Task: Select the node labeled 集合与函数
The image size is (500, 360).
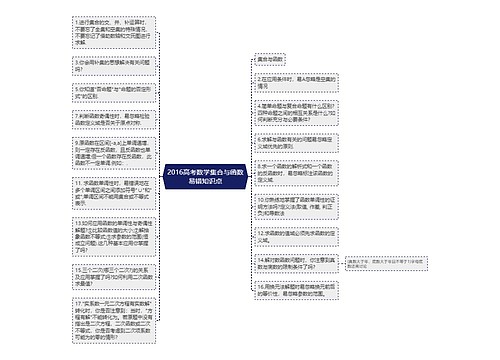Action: [x=277, y=61]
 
